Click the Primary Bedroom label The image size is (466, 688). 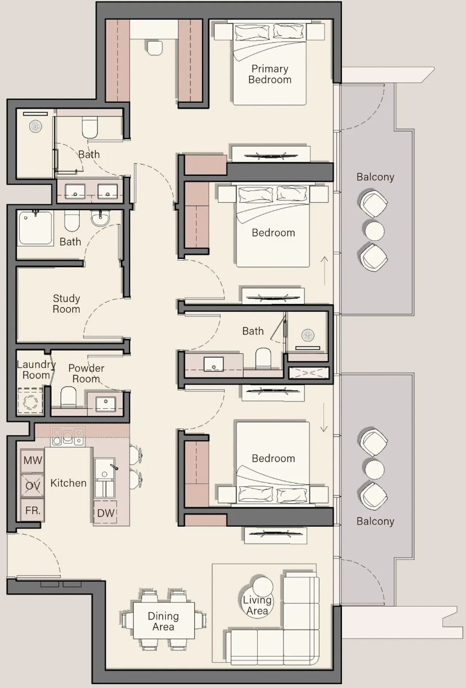coord(270,74)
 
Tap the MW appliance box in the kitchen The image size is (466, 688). coord(33,461)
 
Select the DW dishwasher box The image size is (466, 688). coord(106,512)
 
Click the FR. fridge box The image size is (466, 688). coord(33,510)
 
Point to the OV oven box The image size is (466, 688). coord(33,486)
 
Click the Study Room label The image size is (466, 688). coord(66,303)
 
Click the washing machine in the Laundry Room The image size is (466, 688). coord(30,401)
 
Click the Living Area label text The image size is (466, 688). coord(257,605)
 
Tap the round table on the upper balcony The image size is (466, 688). coord(374,231)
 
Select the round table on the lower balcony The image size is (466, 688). coord(374,470)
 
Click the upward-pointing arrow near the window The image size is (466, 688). coord(325,271)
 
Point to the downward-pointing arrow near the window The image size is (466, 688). coord(324,417)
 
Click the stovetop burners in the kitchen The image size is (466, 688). coord(67,437)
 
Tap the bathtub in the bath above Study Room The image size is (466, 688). coord(35,228)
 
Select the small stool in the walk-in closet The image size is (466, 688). coord(155,48)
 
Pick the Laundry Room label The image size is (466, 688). coord(36,370)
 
